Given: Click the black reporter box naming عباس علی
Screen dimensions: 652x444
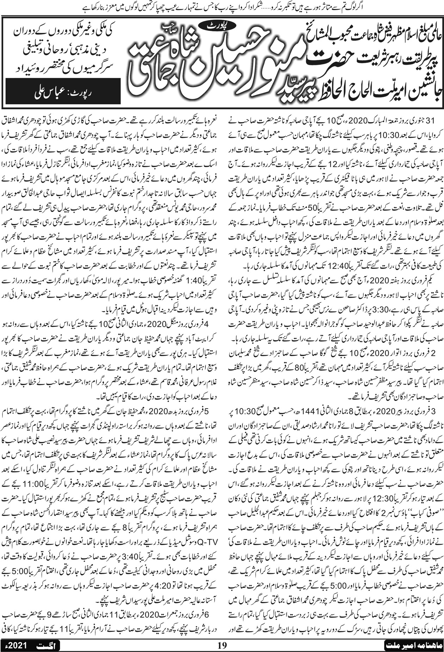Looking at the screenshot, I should tap(63, 93).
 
